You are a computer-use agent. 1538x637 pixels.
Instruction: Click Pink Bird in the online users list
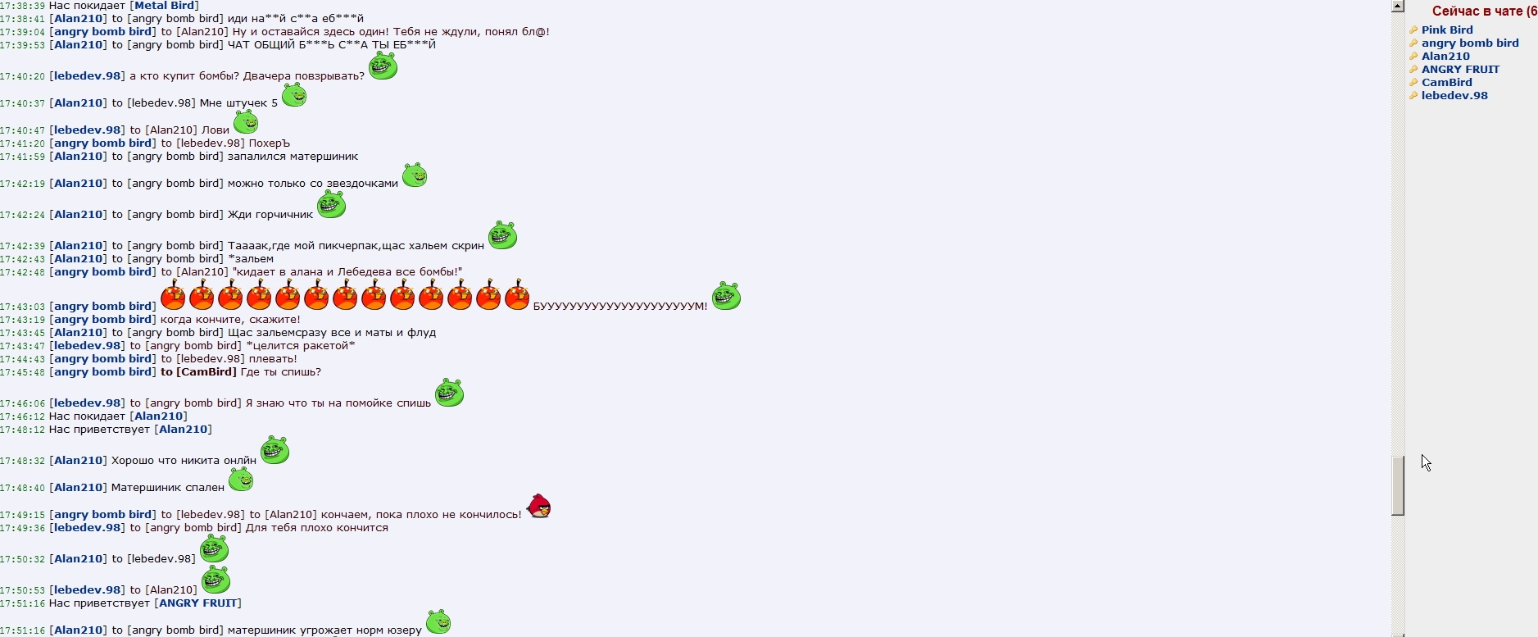click(x=1447, y=30)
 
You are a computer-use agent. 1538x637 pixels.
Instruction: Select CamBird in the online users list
click(x=1446, y=83)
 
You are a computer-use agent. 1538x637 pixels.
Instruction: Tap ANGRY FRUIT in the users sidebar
click(x=1460, y=70)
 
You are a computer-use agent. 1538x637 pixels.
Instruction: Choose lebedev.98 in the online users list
click(x=1454, y=96)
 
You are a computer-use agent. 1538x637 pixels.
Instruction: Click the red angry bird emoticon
click(x=538, y=507)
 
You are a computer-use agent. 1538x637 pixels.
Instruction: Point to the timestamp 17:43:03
click(x=22, y=307)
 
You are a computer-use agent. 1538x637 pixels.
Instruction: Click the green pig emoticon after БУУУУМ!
click(x=726, y=296)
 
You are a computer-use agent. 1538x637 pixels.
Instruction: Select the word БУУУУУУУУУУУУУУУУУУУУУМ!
click(x=619, y=307)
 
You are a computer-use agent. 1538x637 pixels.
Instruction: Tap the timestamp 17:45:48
click(x=22, y=372)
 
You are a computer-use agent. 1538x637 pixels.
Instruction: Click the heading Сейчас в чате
click(x=1483, y=11)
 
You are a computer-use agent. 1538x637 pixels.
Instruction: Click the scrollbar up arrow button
click(x=1398, y=7)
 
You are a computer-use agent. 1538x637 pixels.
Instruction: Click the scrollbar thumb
click(x=1398, y=485)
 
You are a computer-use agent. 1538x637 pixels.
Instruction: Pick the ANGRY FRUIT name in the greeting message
click(x=197, y=603)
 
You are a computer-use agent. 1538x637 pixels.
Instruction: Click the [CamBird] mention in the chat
click(x=206, y=372)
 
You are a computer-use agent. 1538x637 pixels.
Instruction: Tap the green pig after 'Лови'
click(x=246, y=123)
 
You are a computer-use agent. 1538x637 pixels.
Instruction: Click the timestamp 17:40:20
click(x=22, y=76)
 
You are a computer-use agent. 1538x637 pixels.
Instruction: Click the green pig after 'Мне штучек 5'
click(x=294, y=95)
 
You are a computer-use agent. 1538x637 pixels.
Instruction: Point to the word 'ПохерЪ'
click(x=270, y=143)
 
